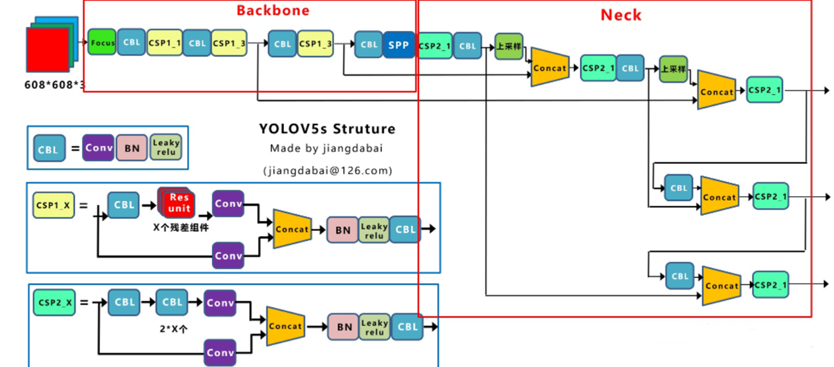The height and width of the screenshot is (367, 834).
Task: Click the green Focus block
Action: [102, 43]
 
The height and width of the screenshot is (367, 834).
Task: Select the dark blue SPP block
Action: [398, 45]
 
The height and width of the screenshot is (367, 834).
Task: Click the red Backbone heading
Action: [273, 10]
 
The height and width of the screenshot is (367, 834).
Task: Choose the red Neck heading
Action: [621, 14]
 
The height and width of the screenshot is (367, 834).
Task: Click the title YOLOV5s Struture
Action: [327, 129]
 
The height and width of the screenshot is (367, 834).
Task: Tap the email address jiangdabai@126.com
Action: [328, 170]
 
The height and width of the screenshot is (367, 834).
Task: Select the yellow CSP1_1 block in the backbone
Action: [164, 43]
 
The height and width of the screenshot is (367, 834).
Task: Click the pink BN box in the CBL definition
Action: [131, 147]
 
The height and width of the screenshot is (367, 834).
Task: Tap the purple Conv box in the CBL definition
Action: [98, 147]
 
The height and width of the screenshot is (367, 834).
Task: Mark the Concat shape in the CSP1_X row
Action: [292, 229]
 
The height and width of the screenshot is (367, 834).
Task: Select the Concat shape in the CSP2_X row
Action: [285, 326]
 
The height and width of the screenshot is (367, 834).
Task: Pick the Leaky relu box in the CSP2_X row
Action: [374, 327]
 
